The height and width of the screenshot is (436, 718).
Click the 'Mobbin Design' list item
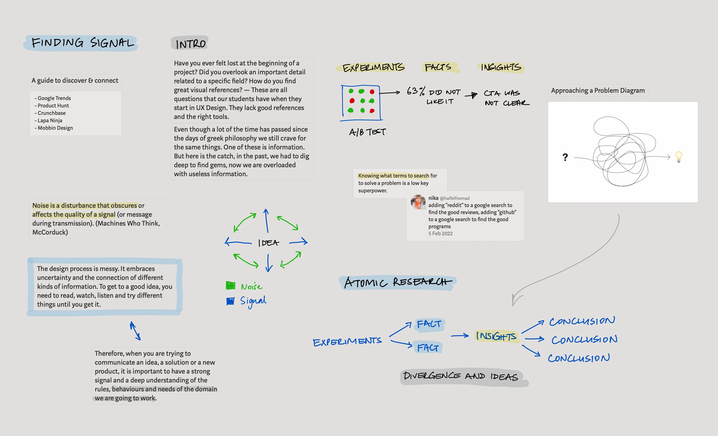55,128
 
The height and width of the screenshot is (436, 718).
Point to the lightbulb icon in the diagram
679,156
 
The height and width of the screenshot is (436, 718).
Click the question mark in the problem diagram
565,157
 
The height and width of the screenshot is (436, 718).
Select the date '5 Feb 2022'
440,234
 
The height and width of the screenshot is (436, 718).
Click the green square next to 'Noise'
231,285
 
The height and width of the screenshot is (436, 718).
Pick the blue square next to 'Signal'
230,301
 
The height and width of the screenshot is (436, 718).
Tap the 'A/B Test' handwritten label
367,132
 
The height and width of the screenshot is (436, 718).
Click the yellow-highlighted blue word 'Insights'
496,336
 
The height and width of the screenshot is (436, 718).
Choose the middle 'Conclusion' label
584,340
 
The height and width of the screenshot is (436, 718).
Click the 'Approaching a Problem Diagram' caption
598,91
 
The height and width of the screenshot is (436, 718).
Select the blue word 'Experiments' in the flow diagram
347,341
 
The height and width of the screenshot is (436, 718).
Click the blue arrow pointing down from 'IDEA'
269,263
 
